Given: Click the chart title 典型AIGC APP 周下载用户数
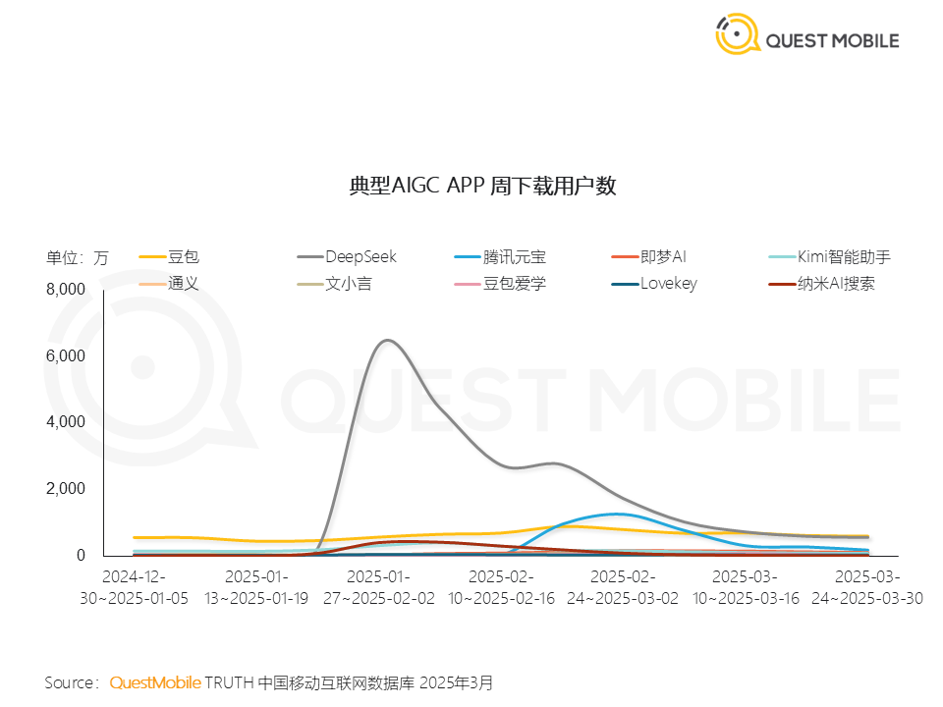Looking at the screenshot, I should click(x=483, y=187).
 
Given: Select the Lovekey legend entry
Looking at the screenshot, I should click(x=668, y=285).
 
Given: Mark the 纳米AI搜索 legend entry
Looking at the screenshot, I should click(x=836, y=285).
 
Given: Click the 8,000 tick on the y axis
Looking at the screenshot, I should click(x=67, y=289).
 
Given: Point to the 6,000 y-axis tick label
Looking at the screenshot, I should click(x=67, y=355).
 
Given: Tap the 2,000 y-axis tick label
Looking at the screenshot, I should click(x=67, y=489).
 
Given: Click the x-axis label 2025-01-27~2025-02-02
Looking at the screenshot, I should click(x=378, y=586).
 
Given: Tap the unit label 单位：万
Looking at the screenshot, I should click(x=77, y=258).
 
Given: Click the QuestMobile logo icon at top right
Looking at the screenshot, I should click(x=737, y=34).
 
